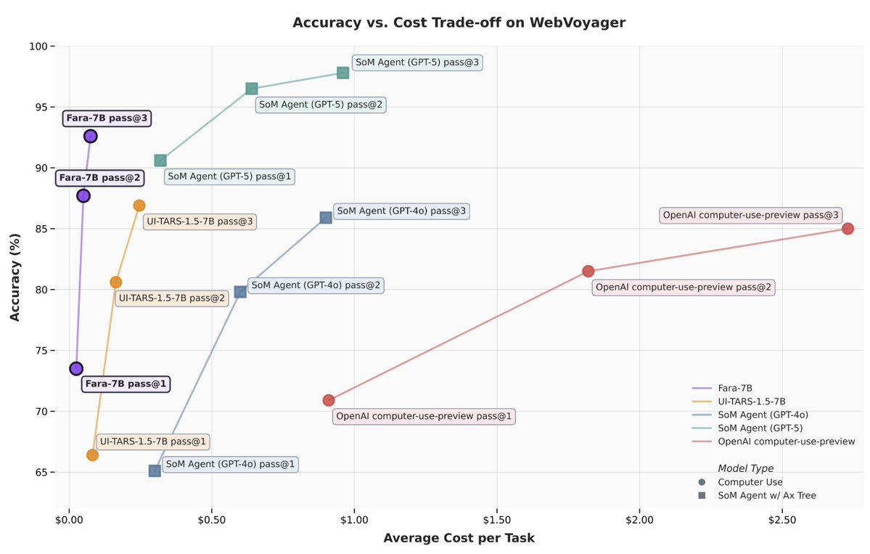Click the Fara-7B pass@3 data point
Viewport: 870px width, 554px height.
point(90,136)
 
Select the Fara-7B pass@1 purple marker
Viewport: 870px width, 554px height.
point(76,368)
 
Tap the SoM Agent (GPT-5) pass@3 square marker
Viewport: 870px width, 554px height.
point(342,73)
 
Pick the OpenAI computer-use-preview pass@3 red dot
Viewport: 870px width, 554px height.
point(848,229)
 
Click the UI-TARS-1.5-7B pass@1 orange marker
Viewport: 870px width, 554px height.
point(92,455)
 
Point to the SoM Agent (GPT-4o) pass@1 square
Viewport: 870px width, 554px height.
point(155,471)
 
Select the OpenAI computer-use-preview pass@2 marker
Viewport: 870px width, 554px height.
point(588,271)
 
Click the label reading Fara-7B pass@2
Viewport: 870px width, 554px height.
point(99,177)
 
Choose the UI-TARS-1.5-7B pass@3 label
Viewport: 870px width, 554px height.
point(200,221)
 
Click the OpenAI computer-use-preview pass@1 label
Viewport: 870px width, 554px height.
point(424,417)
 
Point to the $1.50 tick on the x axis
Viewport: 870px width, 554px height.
point(496,520)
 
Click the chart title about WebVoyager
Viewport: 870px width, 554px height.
point(459,23)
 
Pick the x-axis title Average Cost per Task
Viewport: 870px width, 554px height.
point(459,538)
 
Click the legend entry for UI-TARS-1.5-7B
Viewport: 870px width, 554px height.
point(751,402)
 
